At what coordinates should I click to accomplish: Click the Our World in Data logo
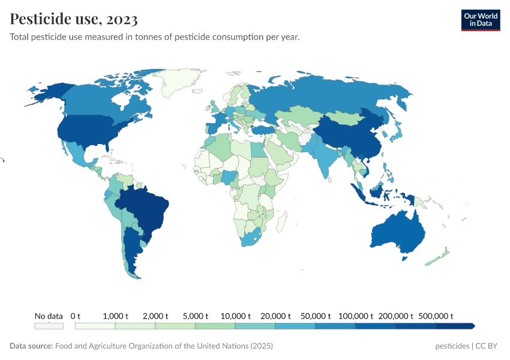(480, 20)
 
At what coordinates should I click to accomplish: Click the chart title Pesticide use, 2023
(74, 19)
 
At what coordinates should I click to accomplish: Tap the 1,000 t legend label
(115, 316)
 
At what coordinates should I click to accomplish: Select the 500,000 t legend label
(435, 316)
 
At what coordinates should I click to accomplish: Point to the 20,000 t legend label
(275, 316)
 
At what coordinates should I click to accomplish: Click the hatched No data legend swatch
(49, 326)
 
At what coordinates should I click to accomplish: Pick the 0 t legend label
(76, 316)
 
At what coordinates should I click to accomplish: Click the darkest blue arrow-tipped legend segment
(455, 326)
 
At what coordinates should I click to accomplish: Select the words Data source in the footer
(31, 346)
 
